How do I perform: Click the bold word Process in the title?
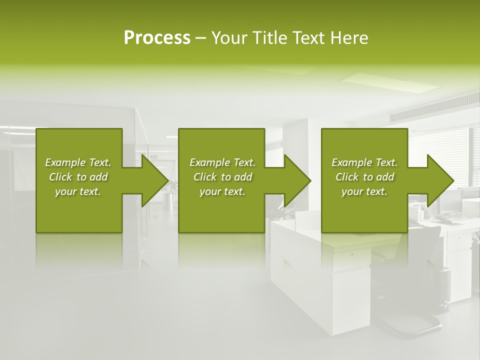pyautogui.click(x=157, y=38)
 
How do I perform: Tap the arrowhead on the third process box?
pyautogui.click(x=439, y=180)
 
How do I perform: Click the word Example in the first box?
pyautogui.click(x=65, y=162)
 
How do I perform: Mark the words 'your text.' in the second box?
pyautogui.click(x=222, y=191)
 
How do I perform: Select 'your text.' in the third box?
pyautogui.click(x=364, y=191)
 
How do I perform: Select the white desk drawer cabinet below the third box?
pyautogui.click(x=350, y=280)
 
